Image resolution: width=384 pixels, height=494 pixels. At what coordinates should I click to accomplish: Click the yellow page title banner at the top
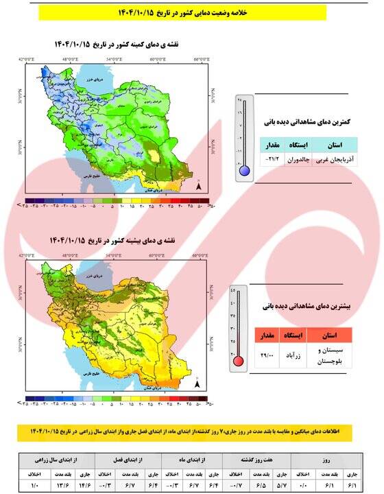tap(191, 12)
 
